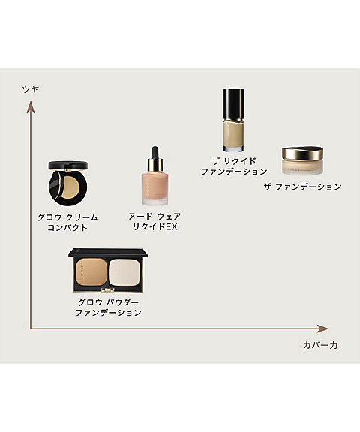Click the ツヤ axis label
(x=30, y=89)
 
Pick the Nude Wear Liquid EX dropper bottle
(x=156, y=180)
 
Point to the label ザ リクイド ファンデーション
(x=234, y=166)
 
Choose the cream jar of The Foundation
(x=302, y=160)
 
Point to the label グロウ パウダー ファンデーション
(x=108, y=307)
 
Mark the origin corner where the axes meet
(x=31, y=328)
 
